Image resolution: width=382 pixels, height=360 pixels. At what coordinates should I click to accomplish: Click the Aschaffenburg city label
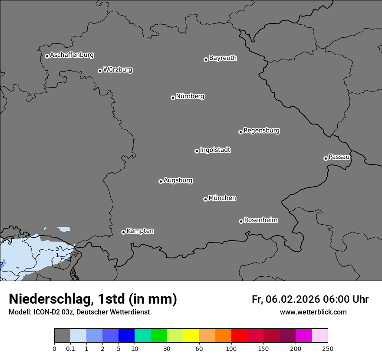pyautogui.click(x=72, y=55)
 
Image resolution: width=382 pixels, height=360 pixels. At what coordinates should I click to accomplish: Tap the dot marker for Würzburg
pyautogui.click(x=100, y=71)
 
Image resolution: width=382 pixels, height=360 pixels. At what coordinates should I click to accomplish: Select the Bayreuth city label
pyautogui.click(x=223, y=58)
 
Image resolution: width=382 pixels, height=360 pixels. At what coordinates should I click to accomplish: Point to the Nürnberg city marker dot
pyautogui.click(x=173, y=98)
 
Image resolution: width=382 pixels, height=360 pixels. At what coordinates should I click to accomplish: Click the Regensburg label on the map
pyautogui.click(x=261, y=131)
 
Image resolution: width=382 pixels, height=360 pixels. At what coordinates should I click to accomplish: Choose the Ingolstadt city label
pyautogui.click(x=215, y=150)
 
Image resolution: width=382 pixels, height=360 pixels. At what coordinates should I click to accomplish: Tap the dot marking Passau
pyautogui.click(x=326, y=158)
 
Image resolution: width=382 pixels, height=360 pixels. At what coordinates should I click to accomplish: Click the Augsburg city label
pyautogui.click(x=178, y=180)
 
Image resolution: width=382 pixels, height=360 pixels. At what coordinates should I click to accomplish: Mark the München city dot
pyautogui.click(x=205, y=199)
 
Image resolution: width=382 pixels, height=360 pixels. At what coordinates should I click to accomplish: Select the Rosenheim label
pyautogui.click(x=260, y=220)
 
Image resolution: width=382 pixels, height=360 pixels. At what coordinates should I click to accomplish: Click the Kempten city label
pyautogui.click(x=140, y=231)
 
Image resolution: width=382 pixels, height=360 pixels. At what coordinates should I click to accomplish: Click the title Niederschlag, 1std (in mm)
pyautogui.click(x=93, y=299)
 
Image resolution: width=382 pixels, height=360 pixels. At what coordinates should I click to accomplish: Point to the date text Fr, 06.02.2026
pyautogui.click(x=286, y=299)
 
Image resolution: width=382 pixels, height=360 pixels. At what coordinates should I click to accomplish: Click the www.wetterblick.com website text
pyautogui.click(x=313, y=312)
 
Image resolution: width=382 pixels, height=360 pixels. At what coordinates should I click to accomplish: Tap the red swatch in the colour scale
pyautogui.click(x=239, y=336)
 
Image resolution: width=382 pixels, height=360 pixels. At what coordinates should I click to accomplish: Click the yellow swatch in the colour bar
pyautogui.click(x=191, y=336)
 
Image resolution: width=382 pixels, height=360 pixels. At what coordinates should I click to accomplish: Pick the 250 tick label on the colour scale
pyautogui.click(x=328, y=348)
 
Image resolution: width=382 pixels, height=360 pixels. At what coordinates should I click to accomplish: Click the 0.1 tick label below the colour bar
pyautogui.click(x=70, y=348)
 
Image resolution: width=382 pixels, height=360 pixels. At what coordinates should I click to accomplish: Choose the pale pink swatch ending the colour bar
pyautogui.click(x=319, y=336)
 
